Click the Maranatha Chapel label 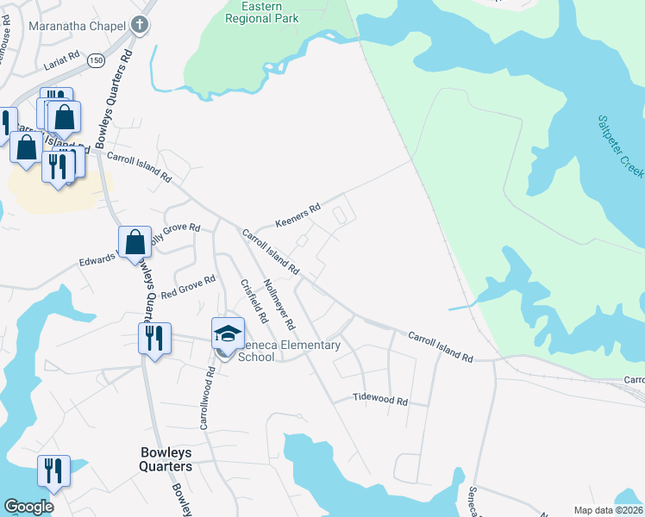click(x=78, y=26)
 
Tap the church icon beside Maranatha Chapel click(x=140, y=25)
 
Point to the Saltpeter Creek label click(x=619, y=146)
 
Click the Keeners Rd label click(x=297, y=215)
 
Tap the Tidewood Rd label click(x=379, y=400)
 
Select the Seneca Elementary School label click(x=288, y=351)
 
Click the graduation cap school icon click(x=227, y=333)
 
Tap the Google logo click(x=28, y=507)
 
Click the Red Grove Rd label click(x=187, y=288)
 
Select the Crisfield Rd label click(x=254, y=302)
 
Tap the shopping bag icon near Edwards click(x=135, y=242)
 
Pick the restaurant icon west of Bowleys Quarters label click(x=53, y=470)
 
